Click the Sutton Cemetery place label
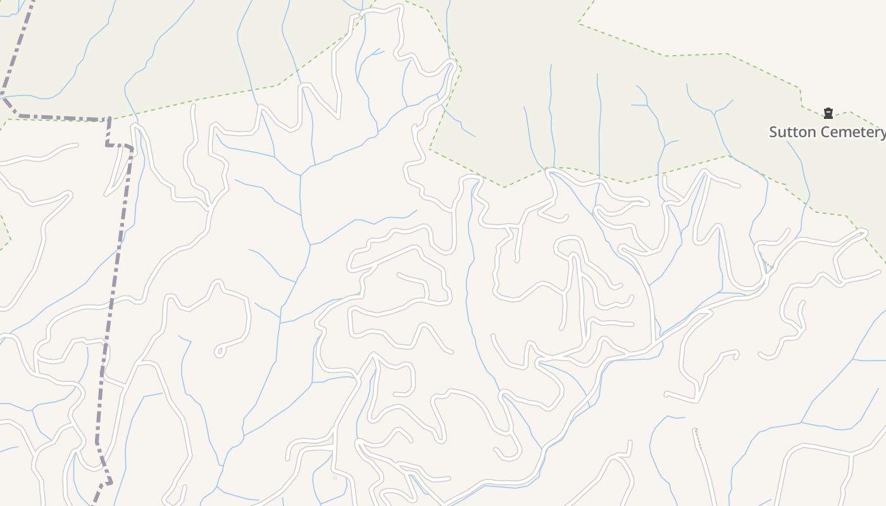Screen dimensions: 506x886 [x=827, y=132]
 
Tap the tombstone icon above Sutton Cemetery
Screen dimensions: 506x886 [x=828, y=114]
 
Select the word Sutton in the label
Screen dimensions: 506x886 [x=790, y=132]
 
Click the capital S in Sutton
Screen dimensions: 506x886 [x=773, y=132]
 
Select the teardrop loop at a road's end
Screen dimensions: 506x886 [x=220, y=350]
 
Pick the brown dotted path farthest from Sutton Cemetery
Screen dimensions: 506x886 [x=698, y=438]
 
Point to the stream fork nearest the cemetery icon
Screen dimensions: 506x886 [x=714, y=113]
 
